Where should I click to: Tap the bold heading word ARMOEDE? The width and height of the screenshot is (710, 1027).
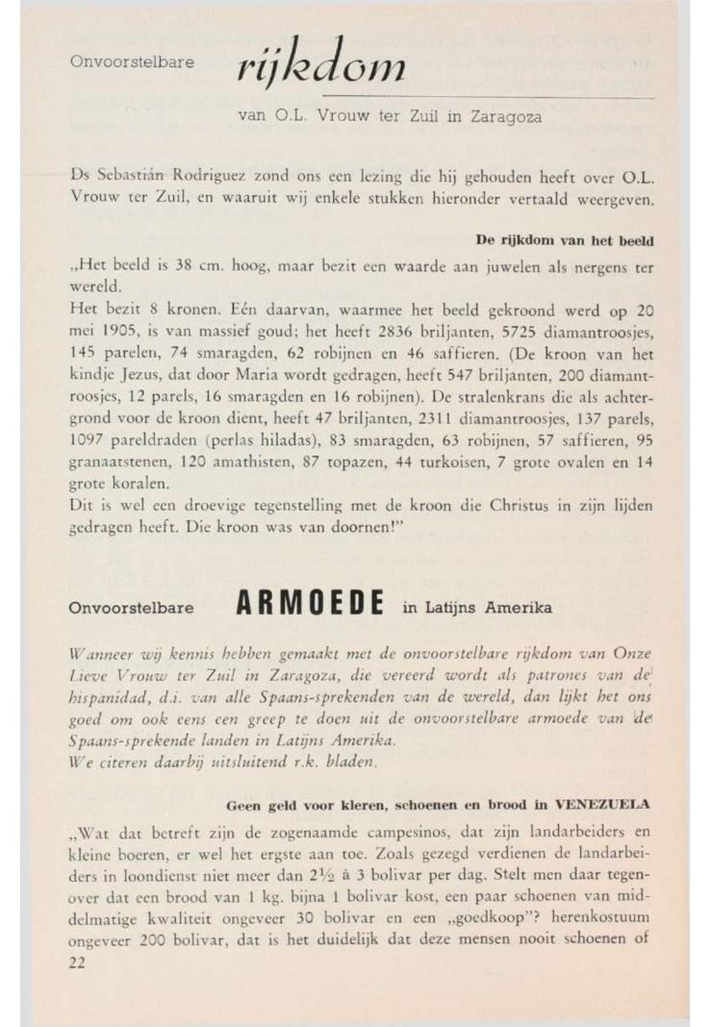309,607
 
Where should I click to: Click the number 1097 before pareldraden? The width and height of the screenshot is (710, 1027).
91,446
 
